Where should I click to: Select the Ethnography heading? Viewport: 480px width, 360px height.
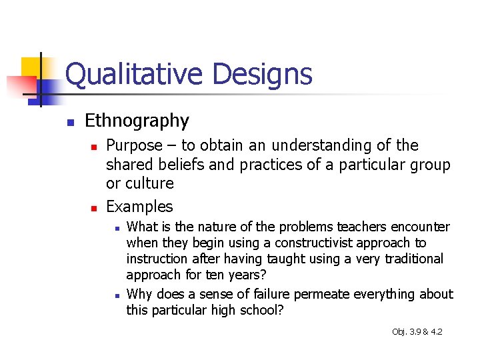tap(137, 121)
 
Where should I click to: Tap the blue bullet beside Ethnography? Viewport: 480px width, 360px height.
tap(69, 122)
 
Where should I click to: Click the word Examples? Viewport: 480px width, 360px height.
tap(139, 207)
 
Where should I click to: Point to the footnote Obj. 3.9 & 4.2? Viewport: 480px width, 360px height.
tap(417, 331)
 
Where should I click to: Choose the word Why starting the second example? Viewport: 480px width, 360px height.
tap(139, 294)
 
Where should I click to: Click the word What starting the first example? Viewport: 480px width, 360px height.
tap(141, 227)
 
